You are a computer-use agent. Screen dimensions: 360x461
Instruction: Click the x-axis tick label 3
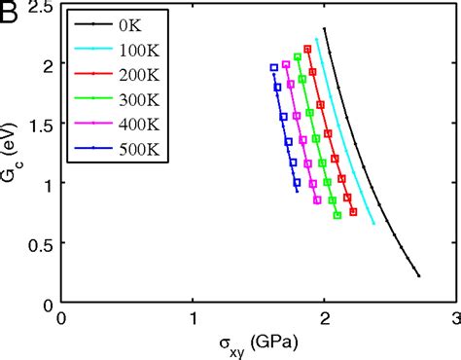pos(457,317)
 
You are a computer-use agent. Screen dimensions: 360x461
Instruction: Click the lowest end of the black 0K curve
pos(418,276)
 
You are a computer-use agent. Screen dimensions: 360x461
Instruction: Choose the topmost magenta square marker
pos(285,65)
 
